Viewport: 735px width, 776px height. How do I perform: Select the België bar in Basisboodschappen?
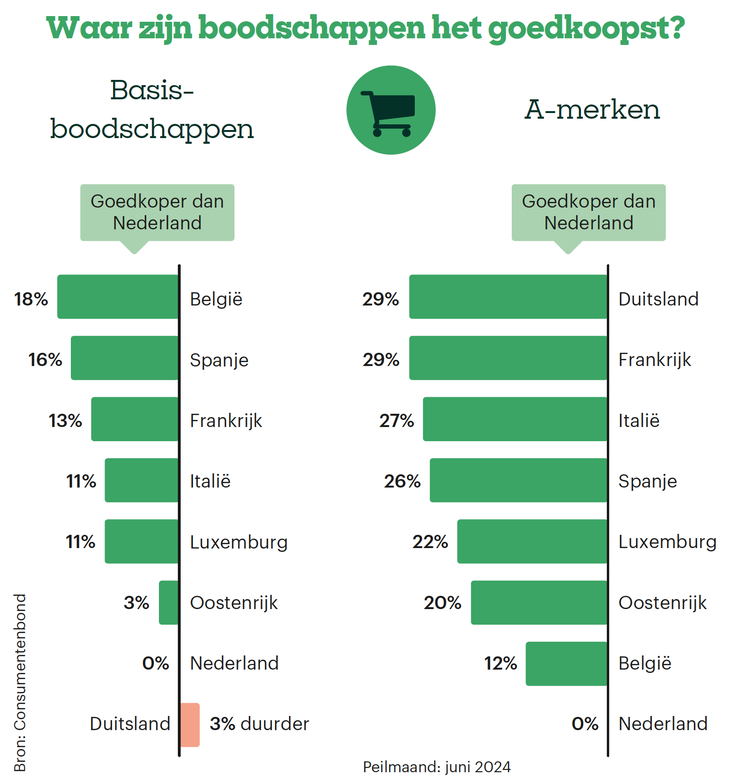118,296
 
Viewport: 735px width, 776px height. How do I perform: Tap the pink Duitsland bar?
190,724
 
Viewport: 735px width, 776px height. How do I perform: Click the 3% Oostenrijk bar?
168,602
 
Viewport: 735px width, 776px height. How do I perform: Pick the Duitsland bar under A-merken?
508,296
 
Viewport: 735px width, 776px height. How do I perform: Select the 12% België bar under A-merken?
566,663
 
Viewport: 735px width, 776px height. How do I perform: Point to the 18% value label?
31,299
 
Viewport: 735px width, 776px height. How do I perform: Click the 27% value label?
396,421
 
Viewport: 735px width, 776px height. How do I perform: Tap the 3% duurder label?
259,724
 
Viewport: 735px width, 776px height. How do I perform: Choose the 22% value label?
430,542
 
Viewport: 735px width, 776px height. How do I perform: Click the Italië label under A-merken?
639,421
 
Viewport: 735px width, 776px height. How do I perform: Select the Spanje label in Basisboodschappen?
219,360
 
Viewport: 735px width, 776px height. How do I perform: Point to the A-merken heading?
592,110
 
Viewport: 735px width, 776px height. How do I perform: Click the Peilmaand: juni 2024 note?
437,767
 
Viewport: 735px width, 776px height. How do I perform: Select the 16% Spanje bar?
124,358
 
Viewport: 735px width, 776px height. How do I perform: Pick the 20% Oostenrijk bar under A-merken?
539,602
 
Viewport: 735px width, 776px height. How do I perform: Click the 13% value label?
65,421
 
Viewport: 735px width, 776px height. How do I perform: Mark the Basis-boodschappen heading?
152,110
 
